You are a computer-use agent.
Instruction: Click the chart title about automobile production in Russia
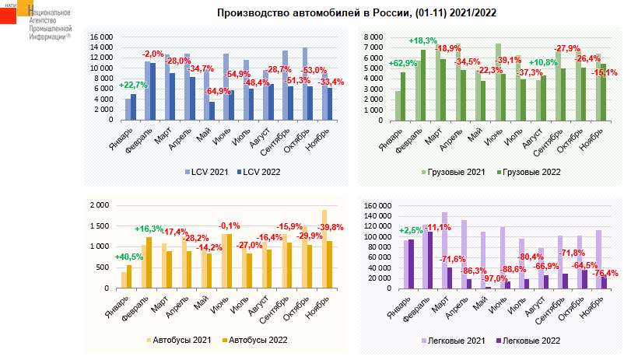pos(356,13)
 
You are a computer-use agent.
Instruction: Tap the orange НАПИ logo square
pos(11,15)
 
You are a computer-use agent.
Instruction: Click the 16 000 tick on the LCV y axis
pos(102,37)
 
